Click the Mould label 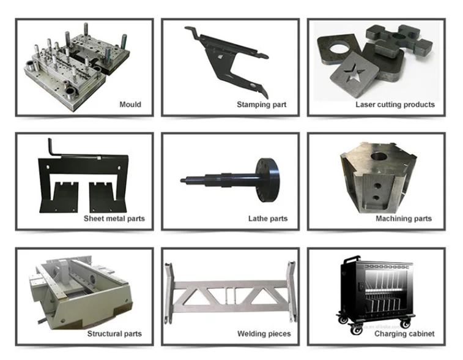(x=130, y=104)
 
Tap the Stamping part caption (x=262, y=105)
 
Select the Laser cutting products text (x=395, y=105)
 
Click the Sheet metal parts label (x=114, y=219)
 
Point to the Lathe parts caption (x=268, y=219)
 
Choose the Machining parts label (x=404, y=219)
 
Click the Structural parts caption (x=114, y=334)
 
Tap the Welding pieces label (x=264, y=334)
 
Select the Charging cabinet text (x=404, y=334)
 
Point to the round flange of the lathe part (x=267, y=180)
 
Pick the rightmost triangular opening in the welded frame (x=262, y=296)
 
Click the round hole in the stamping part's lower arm (x=253, y=86)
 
